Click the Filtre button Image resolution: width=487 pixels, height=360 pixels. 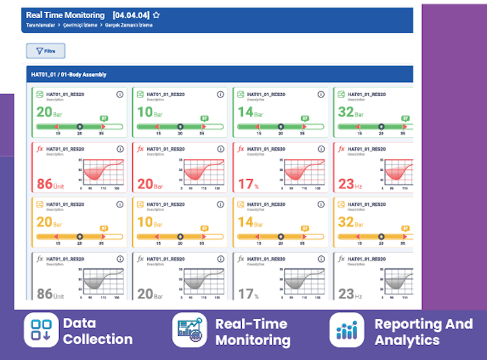pyautogui.click(x=45, y=51)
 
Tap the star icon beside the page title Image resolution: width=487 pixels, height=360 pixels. pyautogui.click(x=156, y=15)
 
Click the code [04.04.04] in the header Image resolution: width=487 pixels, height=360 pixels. pyautogui.click(x=131, y=15)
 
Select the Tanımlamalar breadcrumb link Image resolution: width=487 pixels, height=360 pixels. pyautogui.click(x=39, y=25)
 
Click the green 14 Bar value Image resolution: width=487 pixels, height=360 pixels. pyautogui.click(x=245, y=112)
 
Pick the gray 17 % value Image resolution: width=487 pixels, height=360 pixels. pyautogui.click(x=247, y=294)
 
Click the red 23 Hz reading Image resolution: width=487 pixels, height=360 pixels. pyautogui.click(x=347, y=184)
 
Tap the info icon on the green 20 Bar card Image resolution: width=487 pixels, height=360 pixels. pyautogui.click(x=119, y=94)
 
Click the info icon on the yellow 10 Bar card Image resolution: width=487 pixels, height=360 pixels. pyautogui.click(x=220, y=204)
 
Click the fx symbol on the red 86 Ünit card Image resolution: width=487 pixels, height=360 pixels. pyautogui.click(x=40, y=149)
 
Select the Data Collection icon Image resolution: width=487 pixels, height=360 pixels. pyautogui.click(x=41, y=329)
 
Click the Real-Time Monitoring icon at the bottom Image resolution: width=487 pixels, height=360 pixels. pyautogui.click(x=189, y=329)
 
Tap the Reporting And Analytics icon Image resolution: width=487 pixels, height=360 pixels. pyautogui.click(x=346, y=330)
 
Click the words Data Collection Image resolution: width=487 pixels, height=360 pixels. pyautogui.click(x=97, y=331)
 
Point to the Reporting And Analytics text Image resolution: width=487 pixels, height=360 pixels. pyautogui.click(x=423, y=331)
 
